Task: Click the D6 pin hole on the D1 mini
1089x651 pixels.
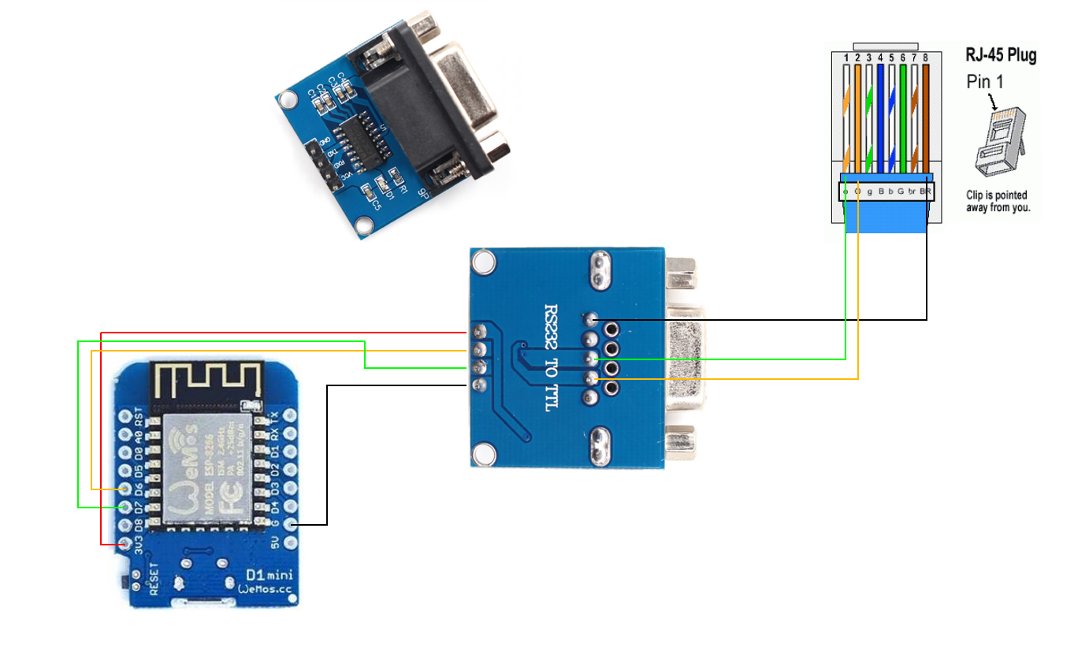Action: click(125, 489)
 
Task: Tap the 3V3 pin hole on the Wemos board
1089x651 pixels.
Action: click(125, 544)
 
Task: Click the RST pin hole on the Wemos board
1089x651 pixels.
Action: click(125, 415)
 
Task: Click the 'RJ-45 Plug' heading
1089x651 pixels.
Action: click(1001, 55)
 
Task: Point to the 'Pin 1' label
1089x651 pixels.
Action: click(985, 81)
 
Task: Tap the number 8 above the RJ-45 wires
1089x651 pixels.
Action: click(925, 58)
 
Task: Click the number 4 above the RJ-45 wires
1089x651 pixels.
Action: click(880, 58)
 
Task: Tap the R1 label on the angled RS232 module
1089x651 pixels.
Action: click(400, 187)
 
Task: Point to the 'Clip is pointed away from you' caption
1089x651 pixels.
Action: click(997, 202)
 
